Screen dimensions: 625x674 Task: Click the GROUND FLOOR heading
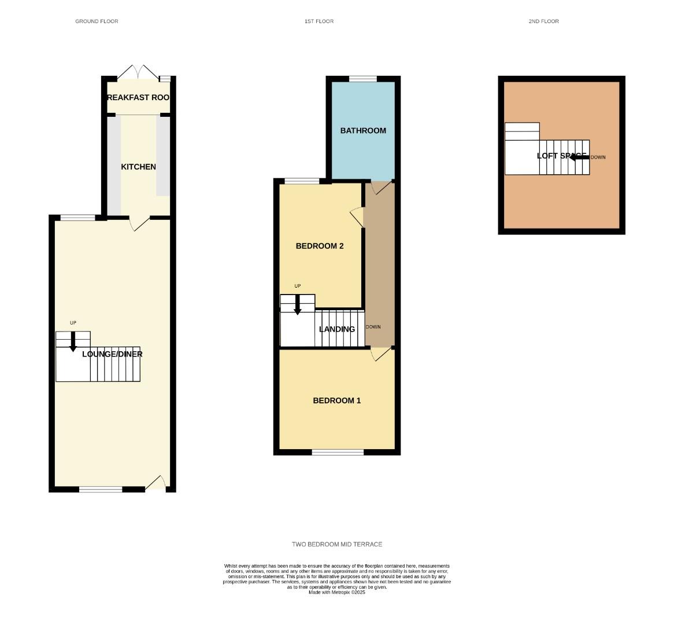click(97, 21)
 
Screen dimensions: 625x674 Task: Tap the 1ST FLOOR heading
click(319, 21)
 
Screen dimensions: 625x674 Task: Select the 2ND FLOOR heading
click(543, 21)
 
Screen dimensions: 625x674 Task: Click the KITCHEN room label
click(138, 167)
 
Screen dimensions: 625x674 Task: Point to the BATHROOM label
click(363, 131)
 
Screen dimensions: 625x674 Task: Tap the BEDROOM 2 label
click(320, 246)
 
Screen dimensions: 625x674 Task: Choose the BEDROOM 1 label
click(336, 400)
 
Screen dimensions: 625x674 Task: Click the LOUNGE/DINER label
click(112, 354)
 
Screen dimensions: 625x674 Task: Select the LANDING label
click(337, 329)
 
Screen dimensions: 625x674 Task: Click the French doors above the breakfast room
click(138, 72)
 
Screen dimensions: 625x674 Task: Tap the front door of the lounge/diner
click(155, 483)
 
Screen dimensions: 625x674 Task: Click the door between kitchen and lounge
click(139, 223)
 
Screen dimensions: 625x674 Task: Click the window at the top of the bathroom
click(363, 79)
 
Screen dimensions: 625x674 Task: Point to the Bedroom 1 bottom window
click(338, 452)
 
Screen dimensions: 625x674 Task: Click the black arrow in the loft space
click(579, 157)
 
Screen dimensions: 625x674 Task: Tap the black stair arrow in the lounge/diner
click(73, 341)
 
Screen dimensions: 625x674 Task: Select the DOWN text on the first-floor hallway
click(373, 327)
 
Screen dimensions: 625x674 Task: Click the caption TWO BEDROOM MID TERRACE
click(337, 545)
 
